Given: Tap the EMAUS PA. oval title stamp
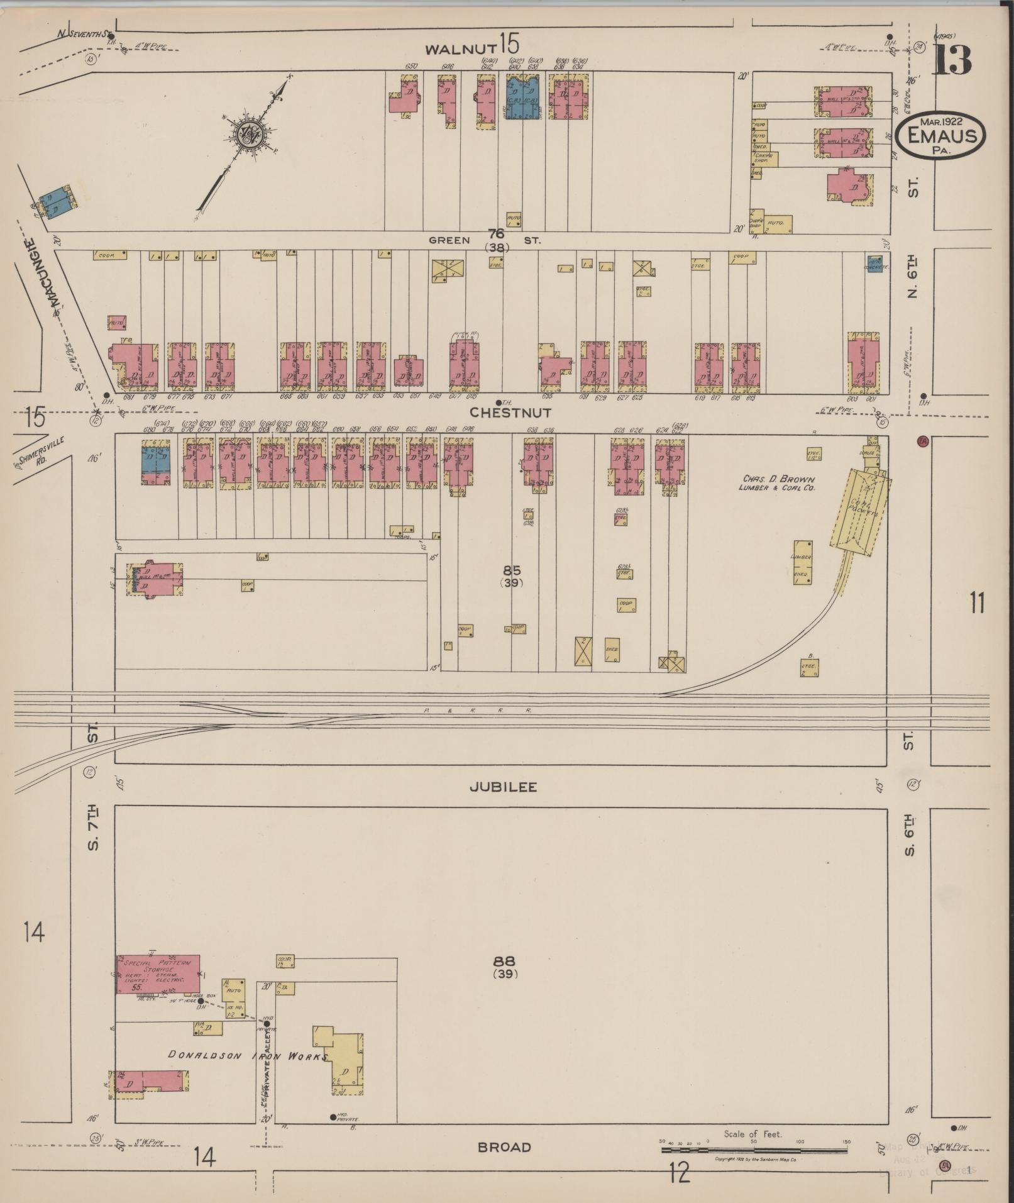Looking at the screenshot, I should click(940, 135).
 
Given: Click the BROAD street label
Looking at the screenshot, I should click(504, 1147).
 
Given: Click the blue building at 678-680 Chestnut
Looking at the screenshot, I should click(155, 461).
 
